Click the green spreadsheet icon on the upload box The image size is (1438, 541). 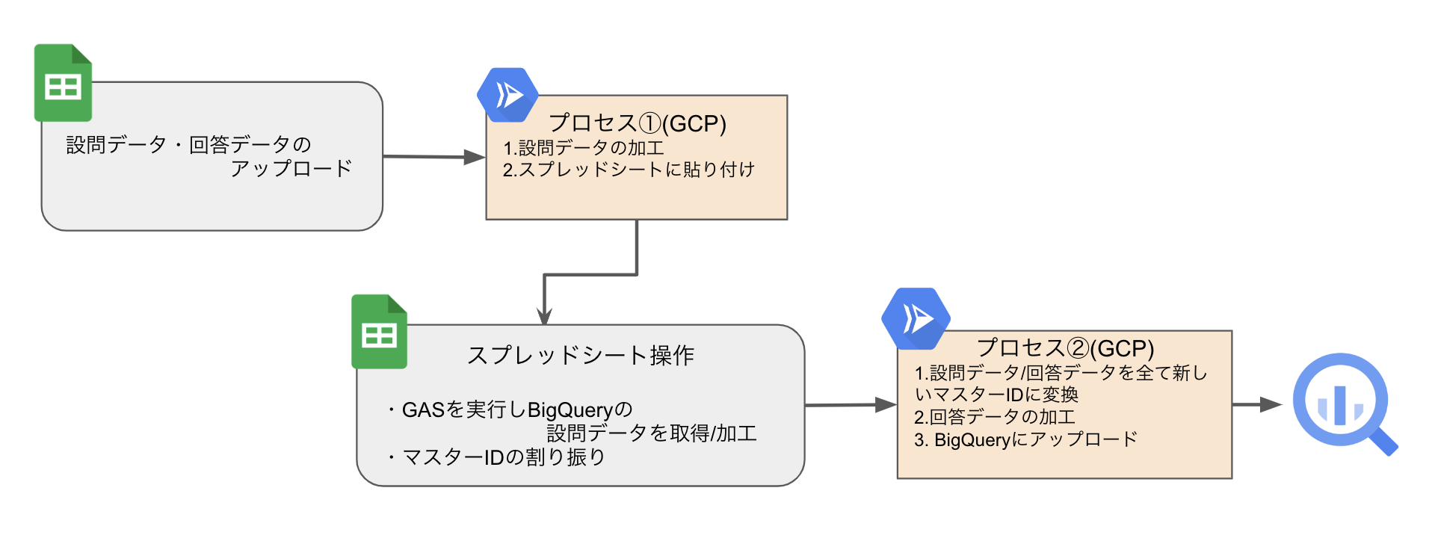(63, 83)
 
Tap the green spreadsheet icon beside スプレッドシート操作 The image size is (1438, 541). (379, 332)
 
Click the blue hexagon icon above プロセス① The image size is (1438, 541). (507, 95)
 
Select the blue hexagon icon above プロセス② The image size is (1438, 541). (916, 319)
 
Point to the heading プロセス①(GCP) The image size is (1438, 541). (637, 123)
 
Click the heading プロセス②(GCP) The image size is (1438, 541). (1065, 347)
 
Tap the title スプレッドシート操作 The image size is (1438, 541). (580, 355)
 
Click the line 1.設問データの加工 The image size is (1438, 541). (583, 148)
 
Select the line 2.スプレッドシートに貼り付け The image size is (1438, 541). (628, 170)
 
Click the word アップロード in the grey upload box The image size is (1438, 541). (291, 168)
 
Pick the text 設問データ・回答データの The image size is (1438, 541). (188, 144)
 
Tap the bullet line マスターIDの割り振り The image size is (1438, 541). (496, 457)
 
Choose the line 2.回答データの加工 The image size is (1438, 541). (994, 416)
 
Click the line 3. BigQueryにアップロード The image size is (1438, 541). (1025, 439)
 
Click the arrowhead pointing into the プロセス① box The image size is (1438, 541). (475, 157)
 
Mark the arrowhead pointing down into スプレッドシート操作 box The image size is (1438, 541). (545, 315)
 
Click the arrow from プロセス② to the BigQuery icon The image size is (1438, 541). (1257, 404)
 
